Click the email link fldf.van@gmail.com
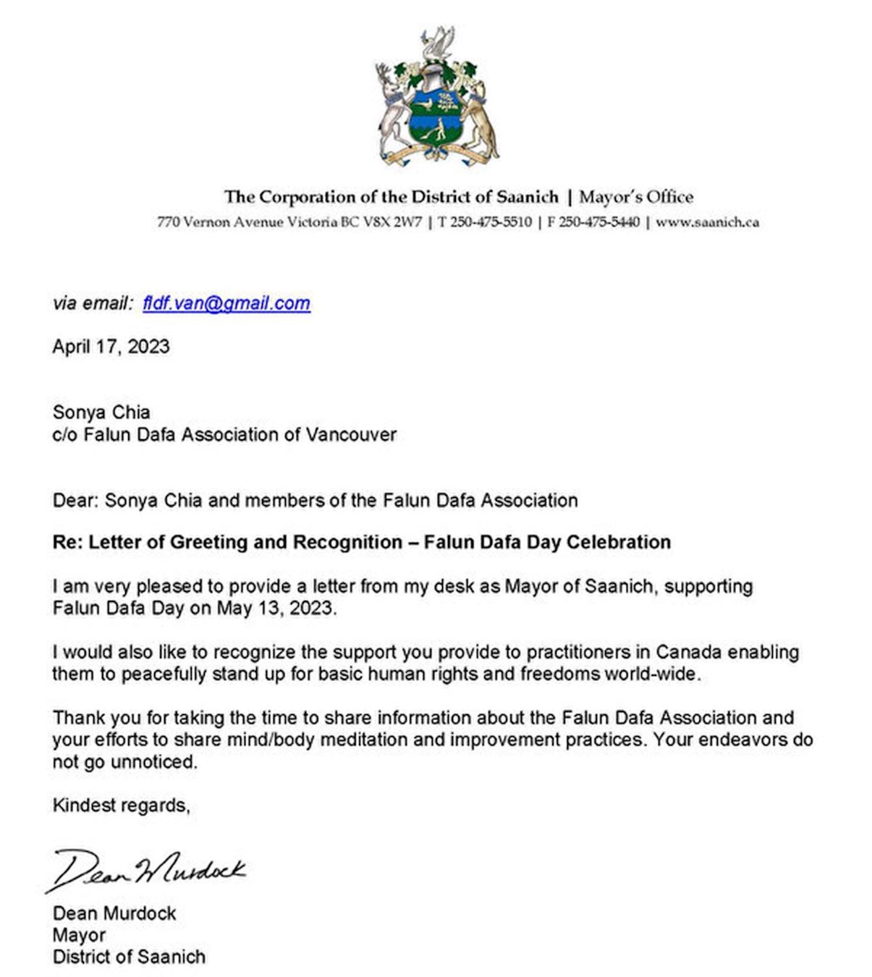[227, 303]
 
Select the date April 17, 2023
[111, 347]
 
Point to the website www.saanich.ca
[707, 222]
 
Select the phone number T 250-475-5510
[485, 222]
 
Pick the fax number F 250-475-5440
[593, 222]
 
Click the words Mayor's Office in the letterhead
[636, 197]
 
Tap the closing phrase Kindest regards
[121, 805]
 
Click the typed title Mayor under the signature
[79, 935]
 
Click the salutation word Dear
[74, 500]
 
